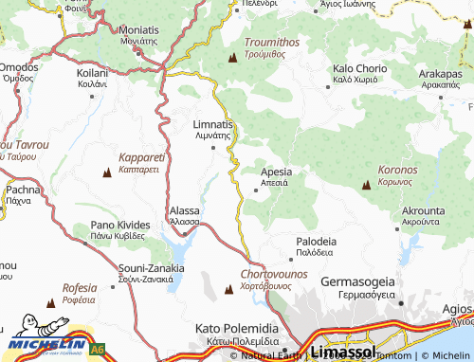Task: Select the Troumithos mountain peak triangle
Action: [232, 59]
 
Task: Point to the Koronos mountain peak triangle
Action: [366, 186]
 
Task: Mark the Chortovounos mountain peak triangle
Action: [228, 289]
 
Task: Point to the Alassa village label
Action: [184, 210]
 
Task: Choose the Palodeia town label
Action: [316, 242]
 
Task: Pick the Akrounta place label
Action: [423, 210]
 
